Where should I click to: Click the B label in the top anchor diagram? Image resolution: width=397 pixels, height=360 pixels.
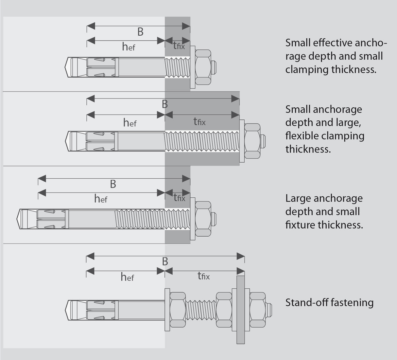140,32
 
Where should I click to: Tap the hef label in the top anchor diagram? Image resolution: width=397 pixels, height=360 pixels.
129,47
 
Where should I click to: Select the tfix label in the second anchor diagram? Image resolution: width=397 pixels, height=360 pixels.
199,122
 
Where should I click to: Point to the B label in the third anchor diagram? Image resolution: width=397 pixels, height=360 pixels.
113,184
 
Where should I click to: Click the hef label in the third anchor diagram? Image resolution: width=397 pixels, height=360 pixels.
101,198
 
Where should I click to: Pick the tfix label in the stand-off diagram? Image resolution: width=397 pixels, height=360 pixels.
203,276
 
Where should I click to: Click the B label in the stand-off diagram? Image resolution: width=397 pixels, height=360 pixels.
165,261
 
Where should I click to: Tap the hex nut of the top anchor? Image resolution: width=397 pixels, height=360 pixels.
203,68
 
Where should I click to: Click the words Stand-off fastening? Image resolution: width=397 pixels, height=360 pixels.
329,302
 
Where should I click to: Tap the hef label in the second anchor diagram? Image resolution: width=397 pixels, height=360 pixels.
129,123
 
